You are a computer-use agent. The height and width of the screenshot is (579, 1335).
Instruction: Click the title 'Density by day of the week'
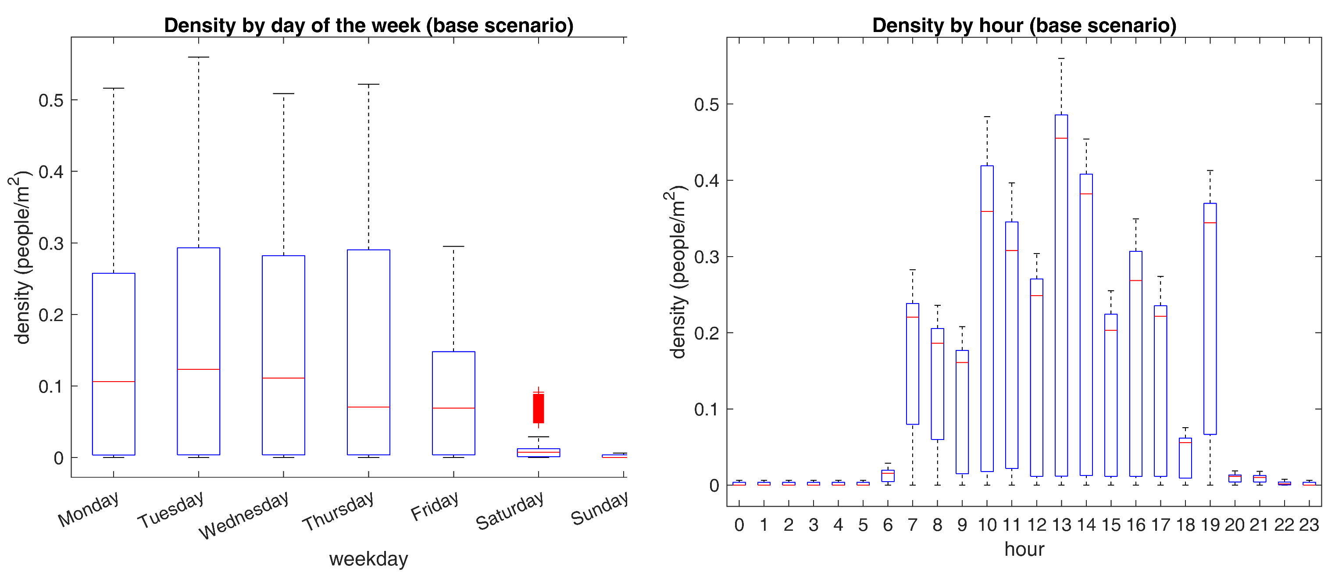(368, 25)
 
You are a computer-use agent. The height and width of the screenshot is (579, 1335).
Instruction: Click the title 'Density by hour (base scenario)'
(1024, 25)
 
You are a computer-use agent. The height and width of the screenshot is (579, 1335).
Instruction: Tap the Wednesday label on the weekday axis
(243, 515)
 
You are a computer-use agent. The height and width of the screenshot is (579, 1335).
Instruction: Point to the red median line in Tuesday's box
(199, 369)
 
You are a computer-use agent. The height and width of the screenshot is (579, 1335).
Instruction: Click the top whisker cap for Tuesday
(199, 57)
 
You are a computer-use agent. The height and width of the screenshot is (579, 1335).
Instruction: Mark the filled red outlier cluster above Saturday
(539, 408)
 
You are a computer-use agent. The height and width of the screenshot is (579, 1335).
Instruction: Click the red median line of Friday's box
(453, 408)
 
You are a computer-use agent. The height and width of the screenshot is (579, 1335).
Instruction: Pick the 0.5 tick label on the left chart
(51, 100)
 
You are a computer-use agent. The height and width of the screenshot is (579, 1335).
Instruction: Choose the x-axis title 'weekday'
(368, 559)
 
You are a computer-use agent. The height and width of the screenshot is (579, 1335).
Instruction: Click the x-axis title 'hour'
(1024, 549)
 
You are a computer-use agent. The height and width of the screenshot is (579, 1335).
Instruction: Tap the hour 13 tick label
(1061, 525)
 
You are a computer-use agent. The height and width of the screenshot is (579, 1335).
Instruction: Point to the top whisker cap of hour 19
(1210, 171)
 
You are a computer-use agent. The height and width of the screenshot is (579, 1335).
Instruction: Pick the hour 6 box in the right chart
(888, 476)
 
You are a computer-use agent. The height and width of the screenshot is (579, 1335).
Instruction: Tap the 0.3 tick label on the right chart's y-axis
(707, 257)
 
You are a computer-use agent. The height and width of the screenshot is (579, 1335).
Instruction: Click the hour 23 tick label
(1309, 525)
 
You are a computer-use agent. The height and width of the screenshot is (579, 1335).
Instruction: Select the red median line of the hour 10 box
(987, 211)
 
